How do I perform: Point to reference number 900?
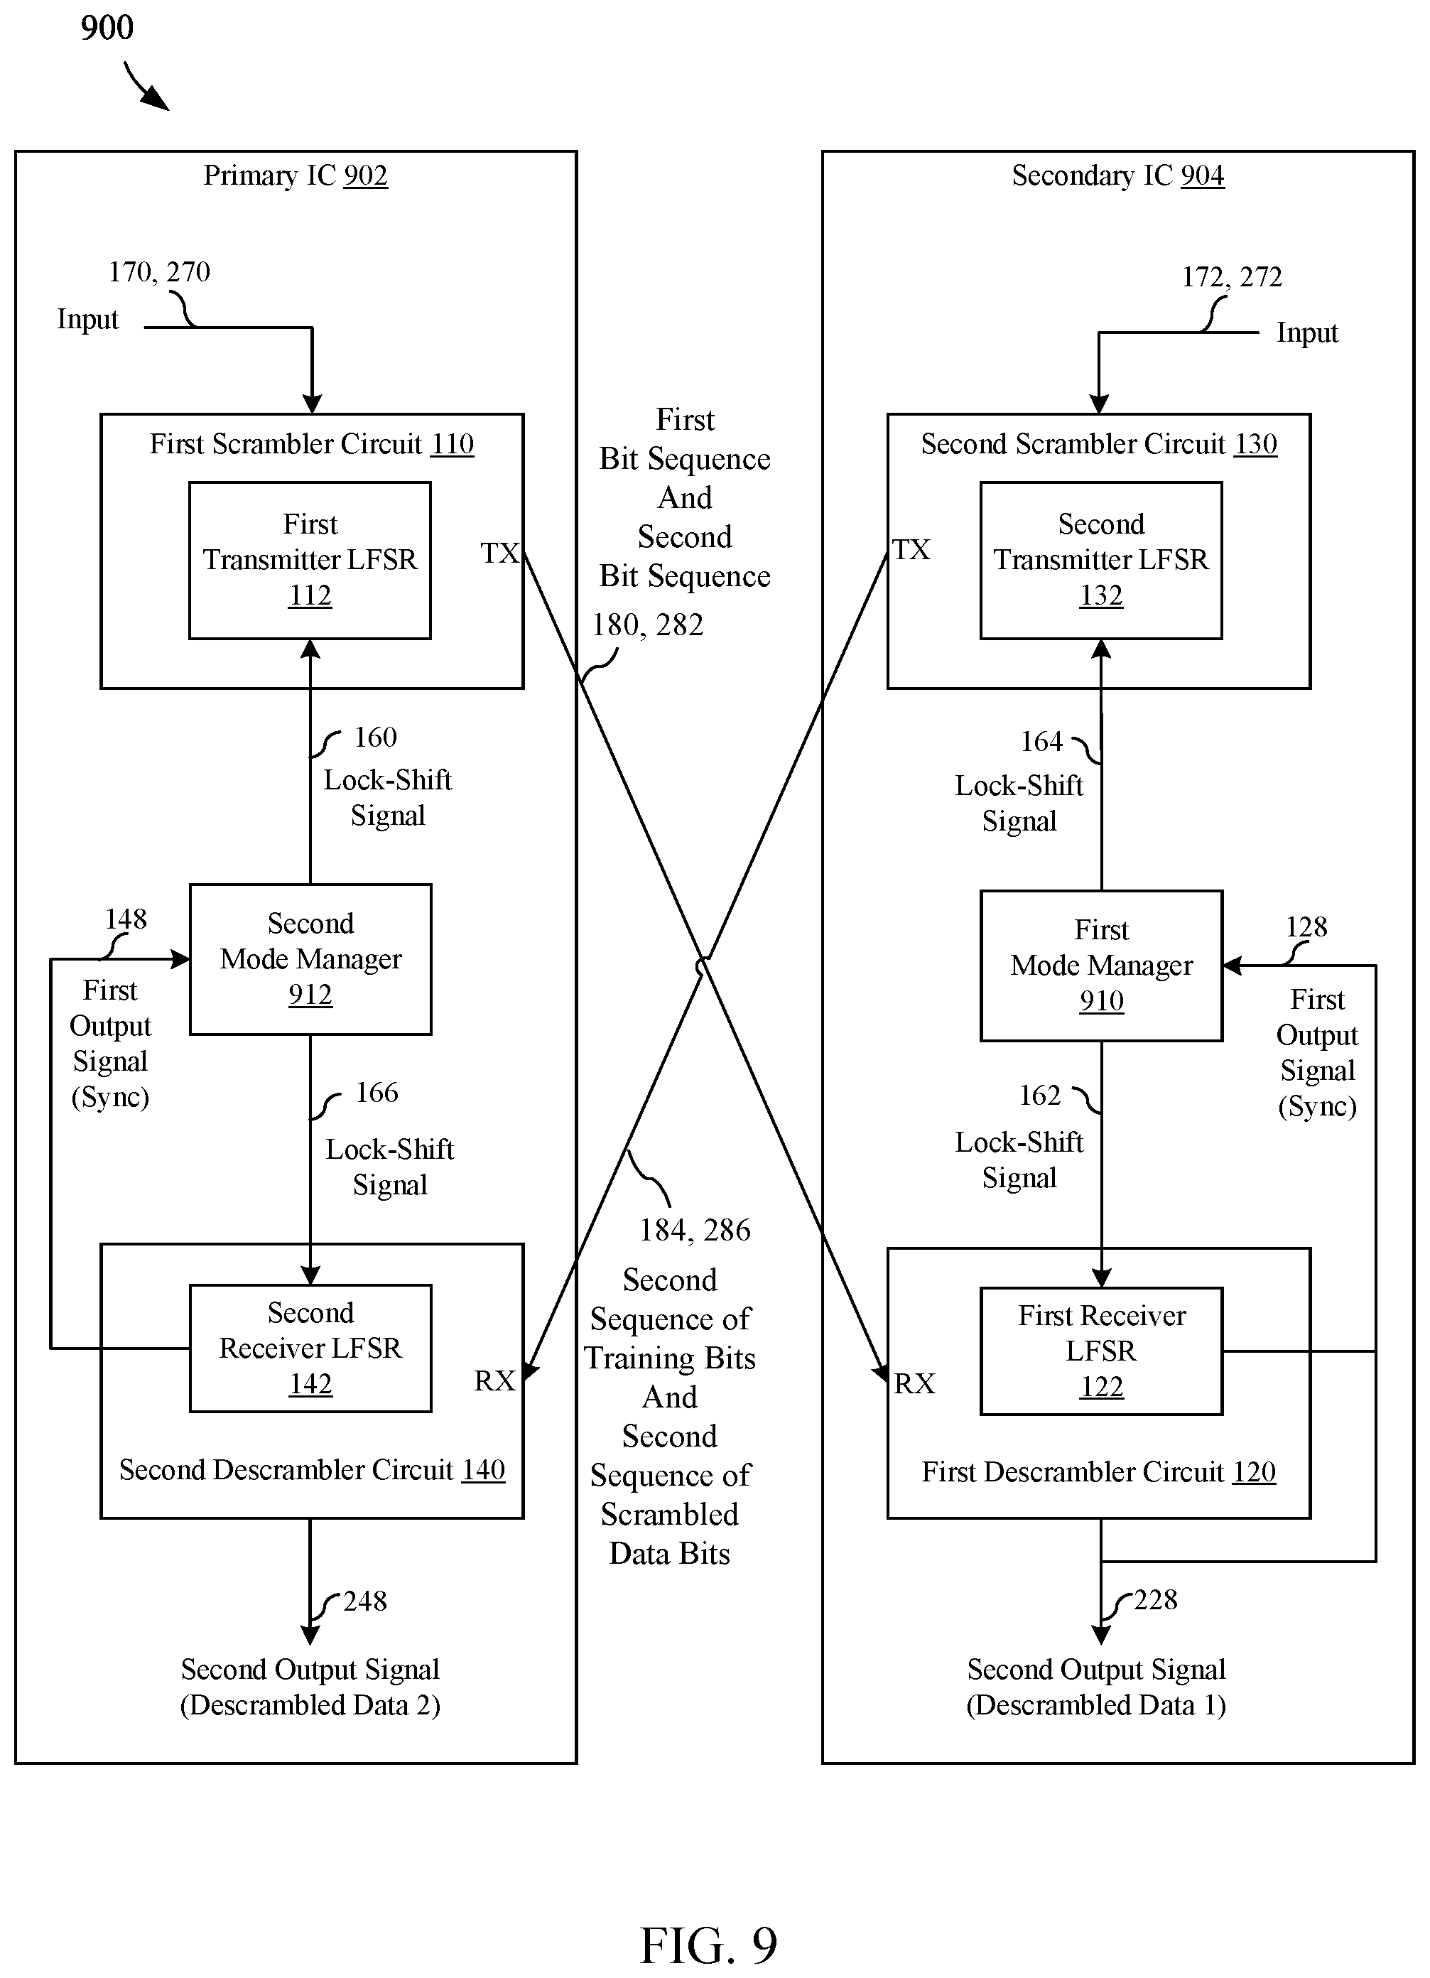[107, 28]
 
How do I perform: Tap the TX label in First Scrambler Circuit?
[499, 553]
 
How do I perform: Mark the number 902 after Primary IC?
[365, 175]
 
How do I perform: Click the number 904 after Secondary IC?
[1203, 175]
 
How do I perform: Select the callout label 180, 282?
[648, 625]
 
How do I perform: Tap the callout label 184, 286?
[695, 1230]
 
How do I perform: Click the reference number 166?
[377, 1092]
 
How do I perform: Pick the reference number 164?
[1042, 741]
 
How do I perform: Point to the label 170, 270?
[158, 272]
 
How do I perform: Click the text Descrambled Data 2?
[310, 1704]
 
